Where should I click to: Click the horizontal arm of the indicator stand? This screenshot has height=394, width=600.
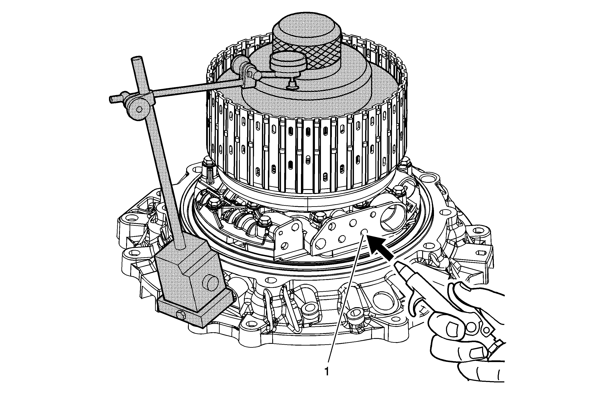pos(177,92)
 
